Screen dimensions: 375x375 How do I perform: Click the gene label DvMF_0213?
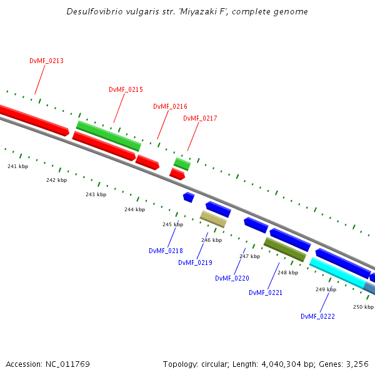tap(46, 61)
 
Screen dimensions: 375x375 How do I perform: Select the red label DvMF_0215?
tap(126, 90)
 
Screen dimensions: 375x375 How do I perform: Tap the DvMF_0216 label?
tap(170, 107)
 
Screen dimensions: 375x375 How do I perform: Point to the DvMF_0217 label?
tap(200, 119)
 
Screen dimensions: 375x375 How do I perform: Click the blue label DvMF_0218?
tap(166, 251)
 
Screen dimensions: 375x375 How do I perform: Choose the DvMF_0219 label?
tap(195, 263)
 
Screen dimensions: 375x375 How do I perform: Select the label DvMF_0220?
tap(232, 279)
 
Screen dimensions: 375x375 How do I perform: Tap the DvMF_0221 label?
tap(266, 292)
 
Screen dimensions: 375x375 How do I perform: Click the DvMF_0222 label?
tap(317, 317)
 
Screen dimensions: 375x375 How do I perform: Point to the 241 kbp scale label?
tap(17, 166)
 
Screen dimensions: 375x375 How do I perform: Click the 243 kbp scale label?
tap(96, 194)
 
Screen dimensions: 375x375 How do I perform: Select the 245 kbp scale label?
tap(172, 224)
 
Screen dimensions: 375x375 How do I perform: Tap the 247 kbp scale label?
tap(249, 256)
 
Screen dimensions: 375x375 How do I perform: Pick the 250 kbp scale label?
tap(363, 307)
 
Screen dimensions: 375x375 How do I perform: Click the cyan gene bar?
tap(337, 273)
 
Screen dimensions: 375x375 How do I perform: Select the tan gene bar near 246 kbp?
tap(213, 219)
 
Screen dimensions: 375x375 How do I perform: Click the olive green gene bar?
tap(285, 249)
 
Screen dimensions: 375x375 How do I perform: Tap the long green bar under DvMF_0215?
tap(109, 136)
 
